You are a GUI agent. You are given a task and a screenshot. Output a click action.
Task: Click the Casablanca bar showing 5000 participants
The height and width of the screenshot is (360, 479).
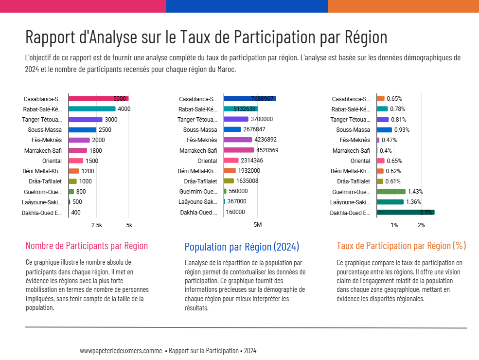tap(98, 99)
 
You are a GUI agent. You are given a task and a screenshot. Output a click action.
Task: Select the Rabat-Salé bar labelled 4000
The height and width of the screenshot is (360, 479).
tap(92, 109)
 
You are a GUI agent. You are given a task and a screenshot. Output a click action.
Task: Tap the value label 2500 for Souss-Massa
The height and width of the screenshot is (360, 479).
tap(105, 130)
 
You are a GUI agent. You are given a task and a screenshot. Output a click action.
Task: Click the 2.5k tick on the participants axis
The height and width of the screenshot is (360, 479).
tap(97, 225)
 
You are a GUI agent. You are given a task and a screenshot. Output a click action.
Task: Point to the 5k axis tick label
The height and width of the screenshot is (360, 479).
tap(129, 225)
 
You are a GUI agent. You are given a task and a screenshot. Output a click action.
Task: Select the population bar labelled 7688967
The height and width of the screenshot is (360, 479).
tap(249, 99)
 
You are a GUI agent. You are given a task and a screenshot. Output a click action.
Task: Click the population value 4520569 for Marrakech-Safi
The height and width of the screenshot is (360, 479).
tap(267, 150)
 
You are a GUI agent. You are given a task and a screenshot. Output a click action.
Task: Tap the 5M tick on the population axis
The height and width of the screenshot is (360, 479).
tap(258, 225)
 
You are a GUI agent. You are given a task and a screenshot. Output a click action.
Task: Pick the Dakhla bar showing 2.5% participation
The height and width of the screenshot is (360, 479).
tap(405, 213)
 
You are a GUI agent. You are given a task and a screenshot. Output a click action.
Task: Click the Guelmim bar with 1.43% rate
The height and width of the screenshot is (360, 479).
tap(391, 192)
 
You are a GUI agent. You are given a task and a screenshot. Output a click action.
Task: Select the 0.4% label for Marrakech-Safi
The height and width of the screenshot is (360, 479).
tap(386, 150)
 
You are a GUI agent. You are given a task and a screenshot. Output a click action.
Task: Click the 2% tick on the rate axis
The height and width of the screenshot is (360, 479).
tap(421, 225)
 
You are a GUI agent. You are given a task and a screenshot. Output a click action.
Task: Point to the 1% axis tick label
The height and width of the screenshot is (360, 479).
tap(394, 225)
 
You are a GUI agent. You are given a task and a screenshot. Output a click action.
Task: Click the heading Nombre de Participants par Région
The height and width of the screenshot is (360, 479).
tap(87, 246)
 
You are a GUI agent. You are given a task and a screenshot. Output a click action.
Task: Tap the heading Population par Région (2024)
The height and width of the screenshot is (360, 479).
tap(242, 247)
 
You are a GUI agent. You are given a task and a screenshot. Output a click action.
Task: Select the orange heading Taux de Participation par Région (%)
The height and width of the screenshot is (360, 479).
tap(401, 246)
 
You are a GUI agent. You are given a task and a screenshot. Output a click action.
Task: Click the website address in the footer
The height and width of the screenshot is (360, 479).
tap(121, 351)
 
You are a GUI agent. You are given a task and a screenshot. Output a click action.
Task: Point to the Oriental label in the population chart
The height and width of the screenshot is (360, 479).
tap(207, 161)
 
